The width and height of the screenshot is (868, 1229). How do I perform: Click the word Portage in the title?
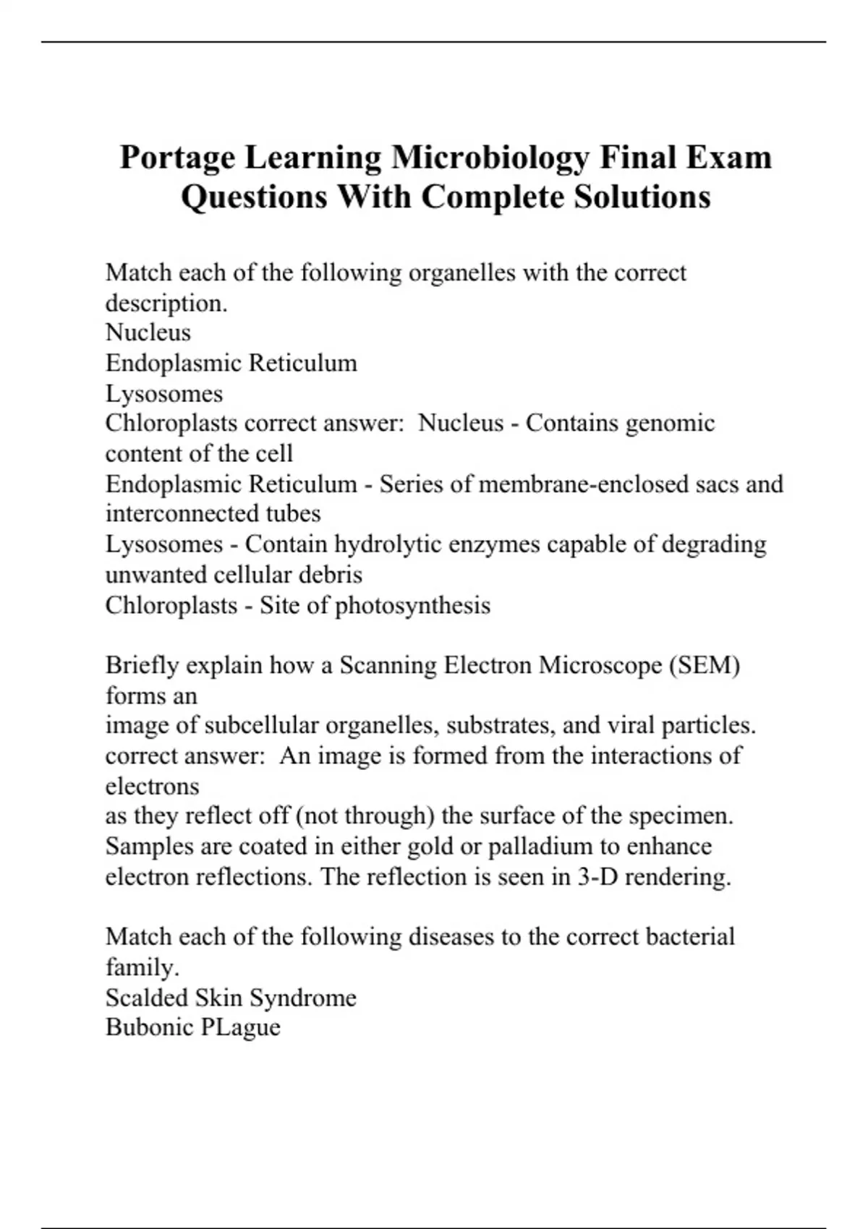click(x=177, y=158)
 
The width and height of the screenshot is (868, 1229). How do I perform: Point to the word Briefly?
click(x=142, y=665)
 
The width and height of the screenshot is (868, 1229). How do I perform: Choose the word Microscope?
click(x=602, y=665)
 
